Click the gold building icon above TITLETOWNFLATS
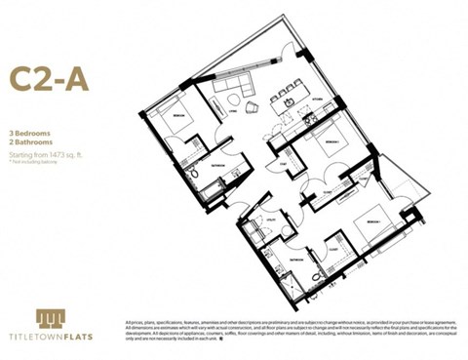point(51,319)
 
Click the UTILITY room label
point(273,223)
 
